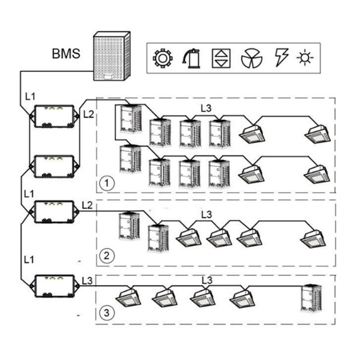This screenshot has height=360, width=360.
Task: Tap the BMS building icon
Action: tap(111, 56)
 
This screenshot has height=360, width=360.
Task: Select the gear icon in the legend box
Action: tap(163, 58)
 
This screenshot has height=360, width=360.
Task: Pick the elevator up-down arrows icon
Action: tap(221, 58)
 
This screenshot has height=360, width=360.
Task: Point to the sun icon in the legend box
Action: tap(305, 58)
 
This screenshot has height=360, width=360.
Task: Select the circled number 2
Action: tap(106, 256)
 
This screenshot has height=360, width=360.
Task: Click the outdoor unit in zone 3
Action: tap(313, 298)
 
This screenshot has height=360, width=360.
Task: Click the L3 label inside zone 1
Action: tap(206, 109)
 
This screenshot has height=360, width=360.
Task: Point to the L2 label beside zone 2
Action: tap(87, 206)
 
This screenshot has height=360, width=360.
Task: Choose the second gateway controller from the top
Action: tap(54, 164)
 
